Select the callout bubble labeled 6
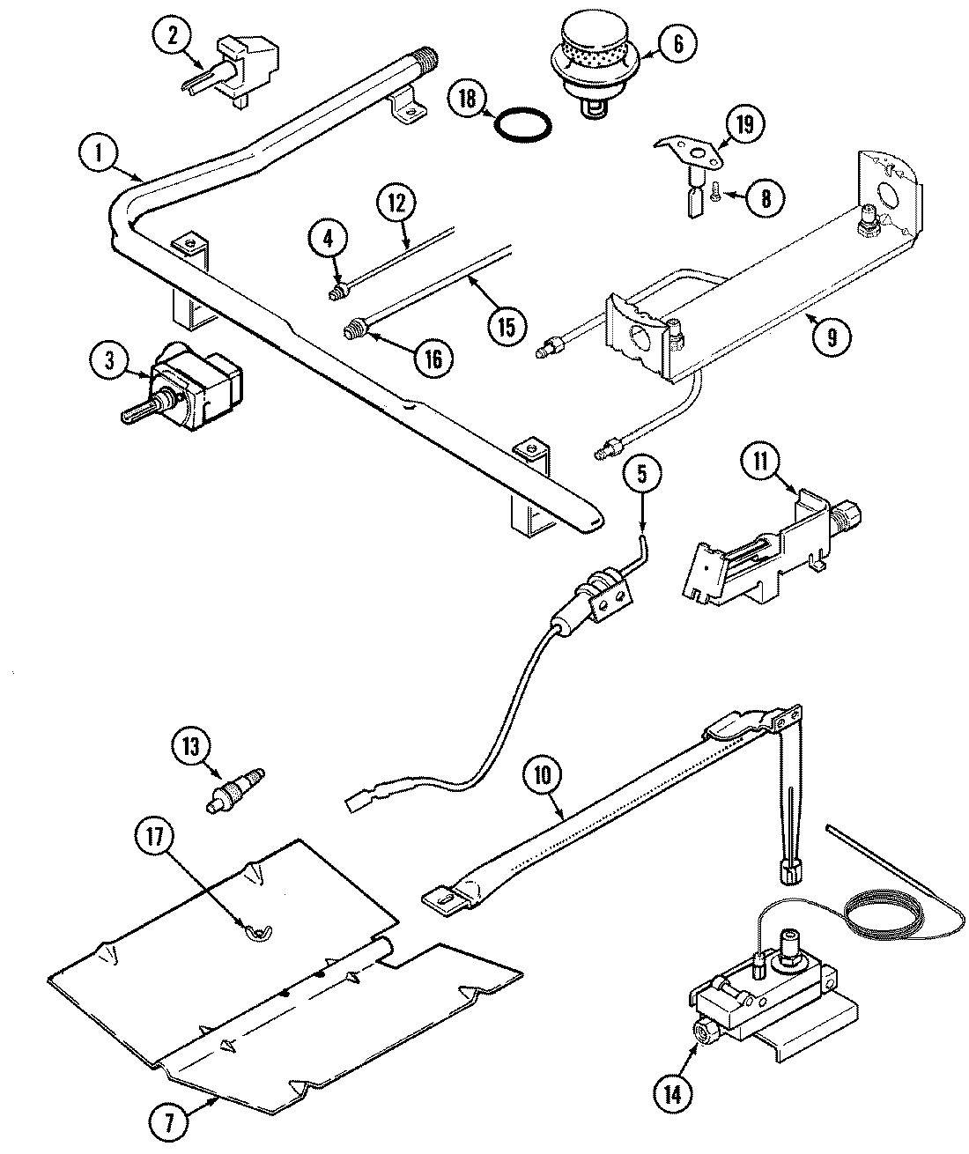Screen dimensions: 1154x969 click(676, 43)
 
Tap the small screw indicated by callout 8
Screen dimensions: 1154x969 click(717, 189)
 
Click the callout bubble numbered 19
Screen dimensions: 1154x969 click(745, 124)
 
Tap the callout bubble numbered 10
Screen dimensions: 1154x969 click(543, 776)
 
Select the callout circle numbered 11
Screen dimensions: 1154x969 click(760, 460)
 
